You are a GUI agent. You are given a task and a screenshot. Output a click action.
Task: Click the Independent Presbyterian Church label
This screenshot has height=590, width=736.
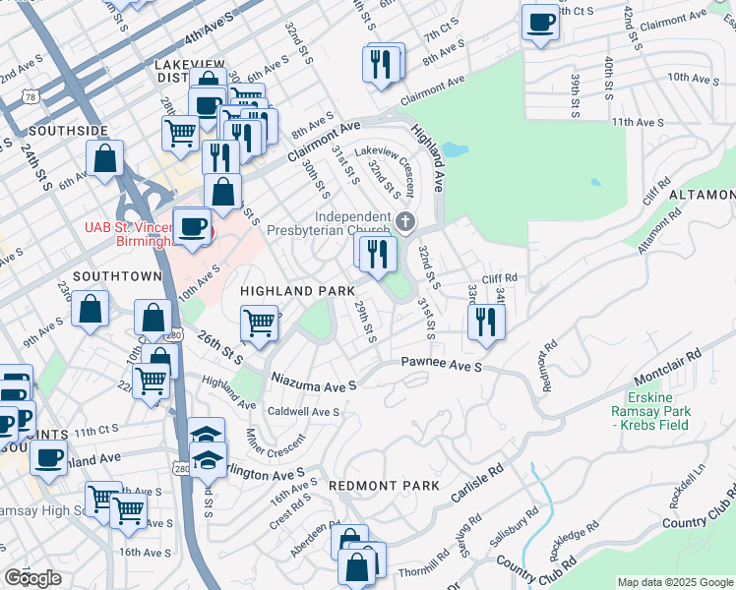coord(355,223)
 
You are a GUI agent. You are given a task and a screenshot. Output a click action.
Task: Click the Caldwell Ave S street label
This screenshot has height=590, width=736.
coord(304,411)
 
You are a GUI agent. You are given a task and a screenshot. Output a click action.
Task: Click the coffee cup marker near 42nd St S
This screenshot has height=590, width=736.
coord(539,23)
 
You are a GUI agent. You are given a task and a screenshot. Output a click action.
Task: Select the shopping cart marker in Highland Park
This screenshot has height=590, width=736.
coord(259,322)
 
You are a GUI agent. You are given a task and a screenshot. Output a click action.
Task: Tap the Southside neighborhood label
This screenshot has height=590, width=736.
coord(68,130)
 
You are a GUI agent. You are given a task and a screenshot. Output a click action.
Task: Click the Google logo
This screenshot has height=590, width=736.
coord(32,578)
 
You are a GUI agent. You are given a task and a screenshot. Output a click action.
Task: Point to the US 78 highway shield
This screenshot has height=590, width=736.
coord(32,96)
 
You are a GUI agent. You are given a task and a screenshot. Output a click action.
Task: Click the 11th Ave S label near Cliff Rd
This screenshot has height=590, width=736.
coord(634,122)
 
